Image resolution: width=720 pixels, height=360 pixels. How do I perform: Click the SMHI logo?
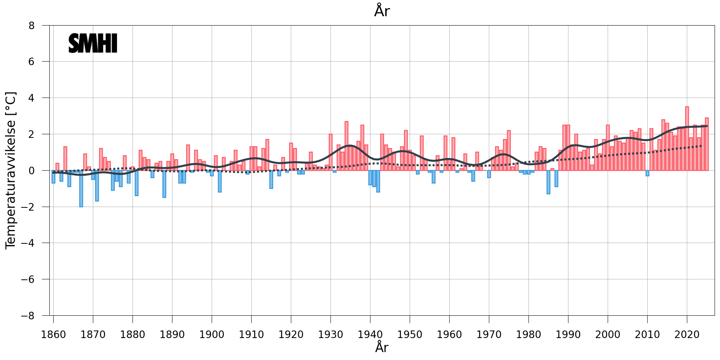[x=93, y=43]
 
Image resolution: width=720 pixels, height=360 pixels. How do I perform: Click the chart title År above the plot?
[x=382, y=11]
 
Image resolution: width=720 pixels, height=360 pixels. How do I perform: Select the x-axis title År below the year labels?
[x=382, y=347]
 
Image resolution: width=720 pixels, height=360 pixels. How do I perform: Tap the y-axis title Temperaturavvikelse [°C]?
[x=11, y=170]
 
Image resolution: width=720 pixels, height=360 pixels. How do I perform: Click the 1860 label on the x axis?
[x=53, y=334]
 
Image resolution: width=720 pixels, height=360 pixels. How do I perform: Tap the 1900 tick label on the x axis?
[x=212, y=334]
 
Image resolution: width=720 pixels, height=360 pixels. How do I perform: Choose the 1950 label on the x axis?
[x=410, y=334]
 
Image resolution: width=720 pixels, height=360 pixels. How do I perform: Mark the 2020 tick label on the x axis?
[x=687, y=334]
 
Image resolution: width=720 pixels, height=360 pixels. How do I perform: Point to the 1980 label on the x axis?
[x=528, y=334]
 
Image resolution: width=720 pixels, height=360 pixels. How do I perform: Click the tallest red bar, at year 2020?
[x=687, y=139]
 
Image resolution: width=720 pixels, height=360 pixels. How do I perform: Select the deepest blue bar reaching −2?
[x=81, y=189]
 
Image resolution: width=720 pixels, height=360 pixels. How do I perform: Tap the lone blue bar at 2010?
[x=647, y=173]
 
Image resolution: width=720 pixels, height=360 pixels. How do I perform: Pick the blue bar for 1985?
[x=548, y=182]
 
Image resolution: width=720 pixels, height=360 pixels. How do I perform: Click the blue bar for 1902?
[x=220, y=181]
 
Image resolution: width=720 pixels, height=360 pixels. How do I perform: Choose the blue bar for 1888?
[x=164, y=184]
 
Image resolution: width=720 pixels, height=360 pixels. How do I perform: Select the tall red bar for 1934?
[x=346, y=146]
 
